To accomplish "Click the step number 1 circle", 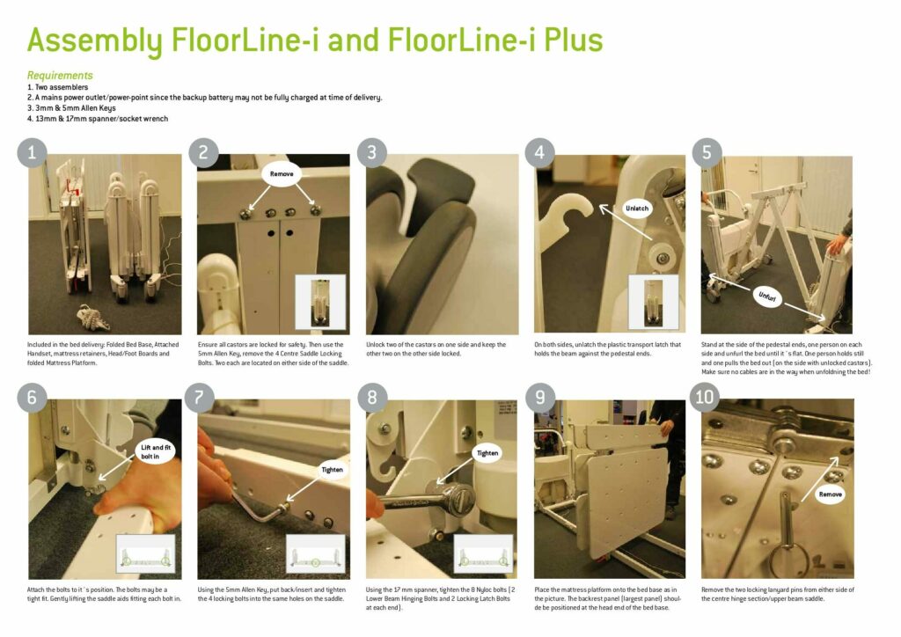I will (x=33, y=152).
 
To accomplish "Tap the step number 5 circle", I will (x=707, y=152).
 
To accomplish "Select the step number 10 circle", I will (x=707, y=398).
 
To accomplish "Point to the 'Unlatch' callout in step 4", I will (x=636, y=209).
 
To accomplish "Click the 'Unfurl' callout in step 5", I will (x=767, y=297).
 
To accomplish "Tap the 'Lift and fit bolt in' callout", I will (x=157, y=452).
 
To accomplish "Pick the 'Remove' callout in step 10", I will (x=830, y=494).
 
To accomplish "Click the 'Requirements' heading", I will (x=60, y=76).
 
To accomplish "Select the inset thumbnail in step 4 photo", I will (x=653, y=302).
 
